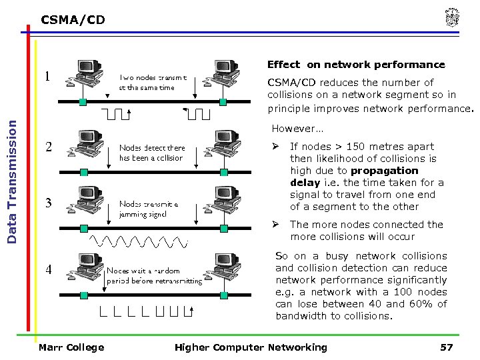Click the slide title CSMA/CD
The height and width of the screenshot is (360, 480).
tap(73, 20)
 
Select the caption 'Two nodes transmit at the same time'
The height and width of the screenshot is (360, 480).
tap(157, 82)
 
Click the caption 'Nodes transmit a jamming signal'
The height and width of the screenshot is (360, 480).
tap(149, 209)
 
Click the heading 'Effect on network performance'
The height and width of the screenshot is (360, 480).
tap(355, 65)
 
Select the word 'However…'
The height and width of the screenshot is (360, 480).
tap(297, 128)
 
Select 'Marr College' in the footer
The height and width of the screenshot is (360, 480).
tap(71, 347)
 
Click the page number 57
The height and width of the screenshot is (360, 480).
tap(447, 347)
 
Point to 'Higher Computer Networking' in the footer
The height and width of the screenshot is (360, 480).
tap(251, 347)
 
